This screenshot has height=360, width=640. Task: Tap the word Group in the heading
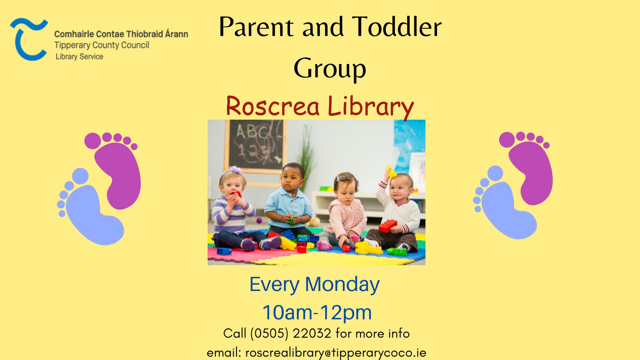coord(330,69)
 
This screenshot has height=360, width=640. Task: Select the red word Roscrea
coord(272,106)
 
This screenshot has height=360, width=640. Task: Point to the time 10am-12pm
coord(317,312)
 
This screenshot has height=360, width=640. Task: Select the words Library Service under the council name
coord(79,57)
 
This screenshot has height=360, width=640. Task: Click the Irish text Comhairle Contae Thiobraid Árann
coord(121,34)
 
